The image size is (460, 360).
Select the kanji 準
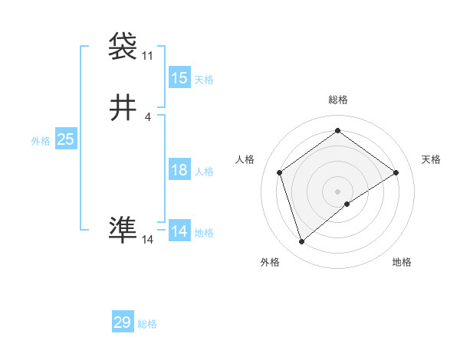[123, 230]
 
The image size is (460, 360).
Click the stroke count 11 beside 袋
[147, 56]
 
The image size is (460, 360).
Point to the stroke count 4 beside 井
[148, 117]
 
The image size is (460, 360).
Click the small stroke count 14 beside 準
[148, 240]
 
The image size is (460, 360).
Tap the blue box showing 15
[179, 78]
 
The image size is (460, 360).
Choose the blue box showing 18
[179, 170]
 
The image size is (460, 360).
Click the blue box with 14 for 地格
[179, 231]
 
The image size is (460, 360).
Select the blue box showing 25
[66, 139]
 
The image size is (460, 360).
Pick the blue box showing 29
[123, 322]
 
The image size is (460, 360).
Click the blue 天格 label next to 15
[204, 80]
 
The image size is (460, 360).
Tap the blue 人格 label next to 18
[204, 172]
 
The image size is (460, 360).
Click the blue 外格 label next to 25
[41, 141]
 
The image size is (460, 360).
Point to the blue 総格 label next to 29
[147, 324]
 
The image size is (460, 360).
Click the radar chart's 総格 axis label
[337, 100]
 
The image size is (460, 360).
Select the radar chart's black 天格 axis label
[431, 159]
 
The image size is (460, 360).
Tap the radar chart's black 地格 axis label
[402, 263]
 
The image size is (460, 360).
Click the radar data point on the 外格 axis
[301, 242]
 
